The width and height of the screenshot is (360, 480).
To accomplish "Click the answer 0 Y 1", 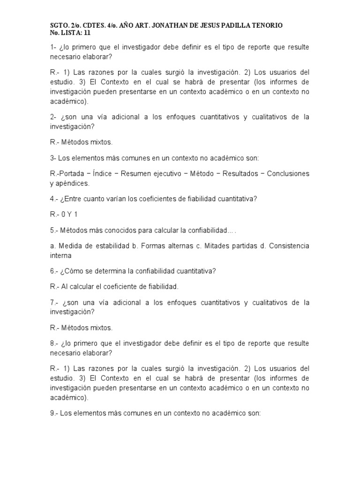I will click(70, 214).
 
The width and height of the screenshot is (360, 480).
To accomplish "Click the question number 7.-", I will click(53, 302).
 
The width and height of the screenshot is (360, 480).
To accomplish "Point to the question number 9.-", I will click(53, 414).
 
